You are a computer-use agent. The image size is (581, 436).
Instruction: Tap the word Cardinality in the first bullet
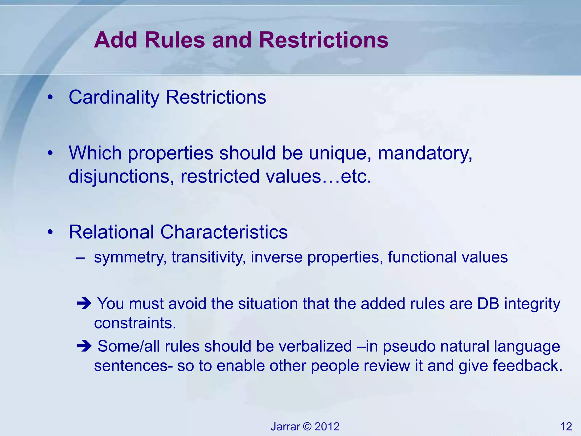114,97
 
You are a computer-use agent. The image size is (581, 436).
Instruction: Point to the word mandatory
425,153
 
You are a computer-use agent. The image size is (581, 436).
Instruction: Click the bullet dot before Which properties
50,153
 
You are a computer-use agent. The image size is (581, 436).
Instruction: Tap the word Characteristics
224,232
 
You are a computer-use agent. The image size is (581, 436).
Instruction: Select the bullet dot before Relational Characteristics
50,232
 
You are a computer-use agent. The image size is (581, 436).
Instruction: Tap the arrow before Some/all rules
84,346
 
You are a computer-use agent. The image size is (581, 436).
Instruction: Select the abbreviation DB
488,304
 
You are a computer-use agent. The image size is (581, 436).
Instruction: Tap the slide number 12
566,427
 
